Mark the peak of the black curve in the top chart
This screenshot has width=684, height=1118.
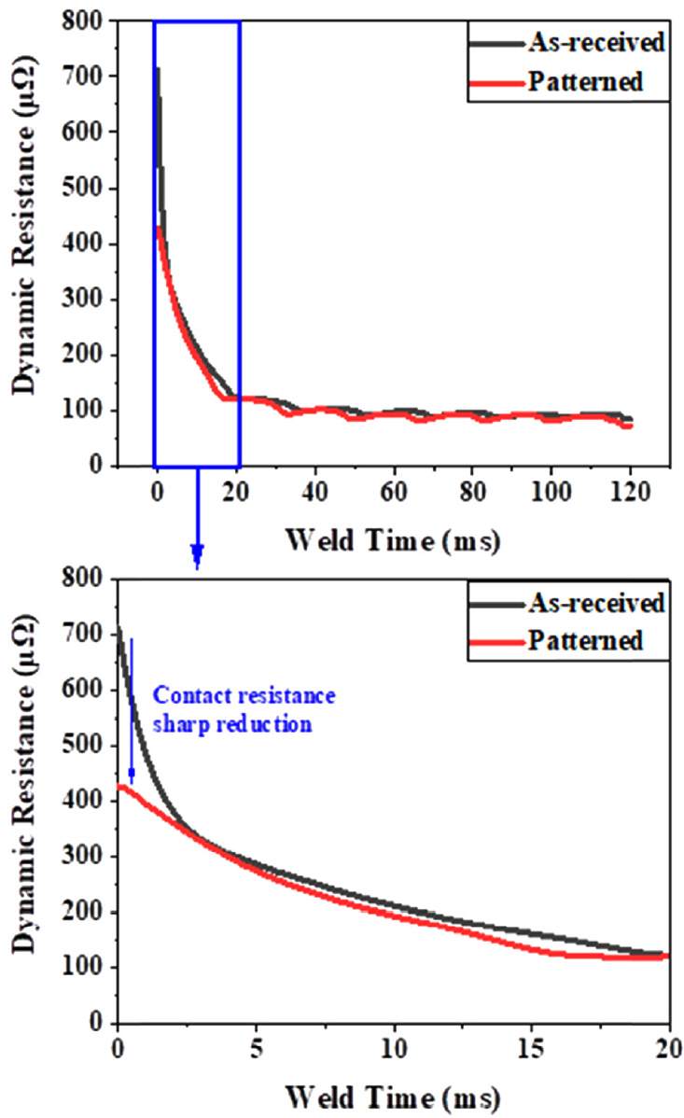[x=158, y=67]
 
